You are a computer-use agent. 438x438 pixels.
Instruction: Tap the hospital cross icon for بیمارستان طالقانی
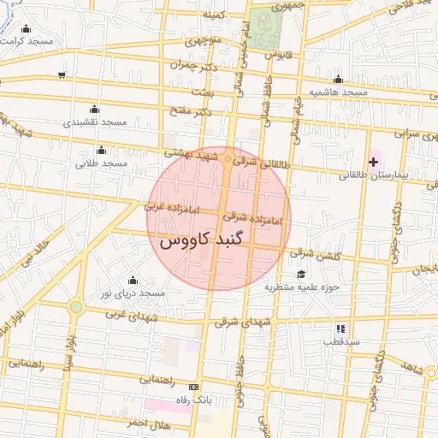point(373,161)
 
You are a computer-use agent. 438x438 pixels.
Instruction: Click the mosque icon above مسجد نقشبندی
point(94,109)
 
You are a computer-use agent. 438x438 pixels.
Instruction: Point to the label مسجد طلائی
point(101,163)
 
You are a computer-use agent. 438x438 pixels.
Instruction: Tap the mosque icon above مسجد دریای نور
point(133,280)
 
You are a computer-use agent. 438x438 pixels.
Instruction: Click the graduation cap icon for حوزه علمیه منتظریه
point(301,274)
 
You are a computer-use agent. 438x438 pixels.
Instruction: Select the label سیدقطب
point(340,341)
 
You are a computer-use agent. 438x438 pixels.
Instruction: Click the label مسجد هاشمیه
point(338,92)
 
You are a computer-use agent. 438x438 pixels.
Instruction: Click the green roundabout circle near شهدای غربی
point(76,306)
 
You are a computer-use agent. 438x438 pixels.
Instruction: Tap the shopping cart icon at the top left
point(62,75)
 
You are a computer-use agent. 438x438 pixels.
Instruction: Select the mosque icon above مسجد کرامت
point(25,28)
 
